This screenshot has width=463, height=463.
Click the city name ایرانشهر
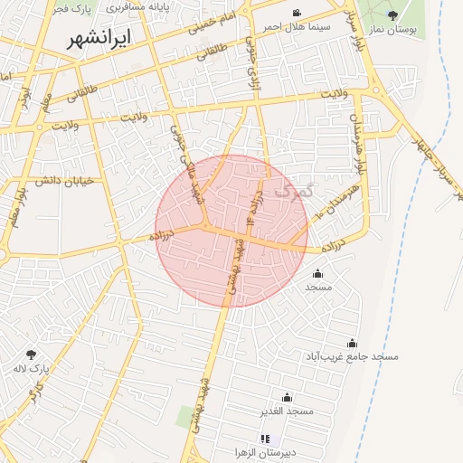pos(99,39)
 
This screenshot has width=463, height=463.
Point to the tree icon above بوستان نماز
pos(392,15)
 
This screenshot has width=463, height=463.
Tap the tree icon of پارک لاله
pos(32,354)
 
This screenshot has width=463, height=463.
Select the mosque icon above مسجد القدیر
pos(287,397)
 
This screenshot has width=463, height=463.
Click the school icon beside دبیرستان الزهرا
pos(265,439)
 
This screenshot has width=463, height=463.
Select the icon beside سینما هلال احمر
pos(297,14)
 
